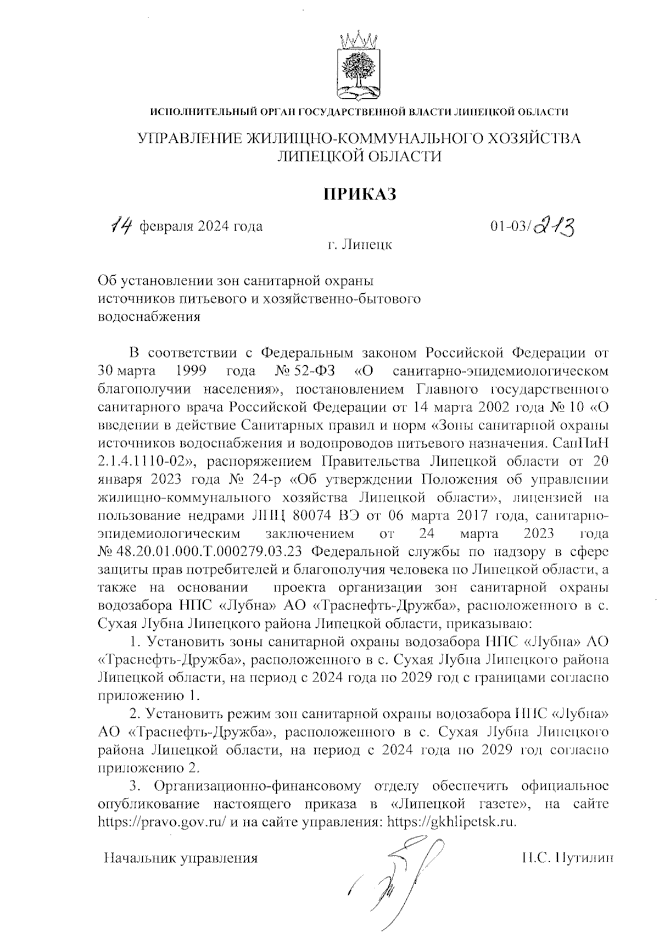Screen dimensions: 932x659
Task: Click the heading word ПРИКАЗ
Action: point(358,194)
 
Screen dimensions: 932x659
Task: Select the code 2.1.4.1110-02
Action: point(144,460)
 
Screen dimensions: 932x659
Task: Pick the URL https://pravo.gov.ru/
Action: point(162,822)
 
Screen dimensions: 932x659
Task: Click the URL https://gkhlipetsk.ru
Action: point(453,822)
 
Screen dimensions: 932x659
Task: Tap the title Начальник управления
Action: point(181,858)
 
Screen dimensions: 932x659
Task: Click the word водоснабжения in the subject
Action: point(149,317)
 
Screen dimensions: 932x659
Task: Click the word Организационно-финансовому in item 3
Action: point(258,786)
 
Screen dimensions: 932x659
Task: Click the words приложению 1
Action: point(147,695)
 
